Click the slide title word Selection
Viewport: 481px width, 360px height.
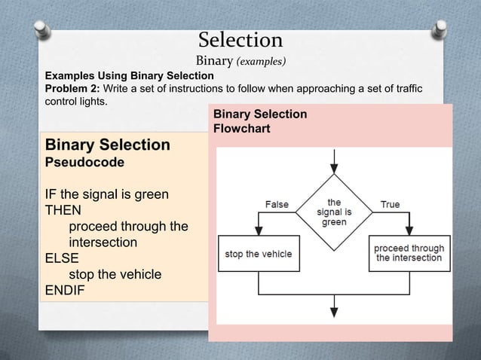(x=240, y=39)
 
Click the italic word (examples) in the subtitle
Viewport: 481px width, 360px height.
(x=262, y=60)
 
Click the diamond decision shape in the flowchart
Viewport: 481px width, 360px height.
(x=334, y=212)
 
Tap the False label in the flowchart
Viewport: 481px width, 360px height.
(x=276, y=204)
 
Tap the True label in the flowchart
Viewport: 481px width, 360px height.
(x=390, y=204)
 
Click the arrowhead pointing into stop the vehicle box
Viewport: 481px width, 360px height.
(x=258, y=233)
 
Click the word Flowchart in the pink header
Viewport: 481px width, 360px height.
(x=241, y=128)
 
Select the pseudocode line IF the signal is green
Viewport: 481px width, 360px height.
(x=106, y=195)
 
